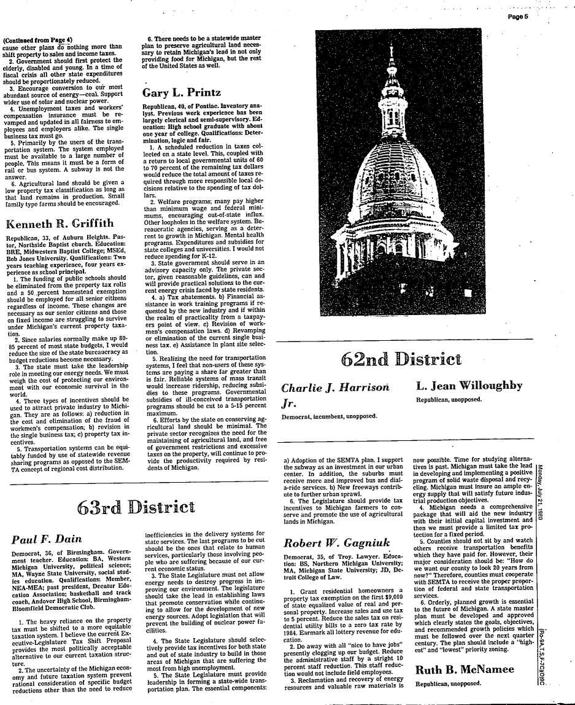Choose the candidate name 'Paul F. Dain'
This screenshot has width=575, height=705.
point(47,539)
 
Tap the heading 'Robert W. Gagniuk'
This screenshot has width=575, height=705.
point(331,543)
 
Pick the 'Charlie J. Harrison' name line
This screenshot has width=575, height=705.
point(336,388)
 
